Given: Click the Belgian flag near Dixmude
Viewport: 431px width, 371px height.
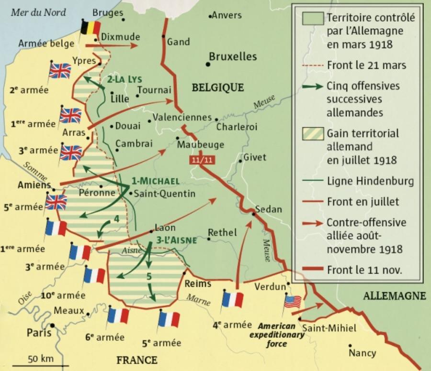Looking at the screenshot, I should tap(90, 28).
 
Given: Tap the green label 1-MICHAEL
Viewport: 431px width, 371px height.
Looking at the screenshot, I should tap(156, 181).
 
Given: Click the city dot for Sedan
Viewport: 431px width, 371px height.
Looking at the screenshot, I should tap(253, 214).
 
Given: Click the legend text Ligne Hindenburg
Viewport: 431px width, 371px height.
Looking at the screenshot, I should tap(370, 182).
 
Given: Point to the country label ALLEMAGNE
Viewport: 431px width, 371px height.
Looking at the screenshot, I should tap(394, 296).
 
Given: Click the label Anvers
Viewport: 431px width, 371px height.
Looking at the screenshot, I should tap(227, 15).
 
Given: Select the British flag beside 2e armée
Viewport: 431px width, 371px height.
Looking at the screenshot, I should tap(59, 71).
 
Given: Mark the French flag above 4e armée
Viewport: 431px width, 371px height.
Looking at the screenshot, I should tap(232, 299).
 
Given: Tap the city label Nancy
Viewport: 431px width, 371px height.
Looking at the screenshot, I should tap(362, 353).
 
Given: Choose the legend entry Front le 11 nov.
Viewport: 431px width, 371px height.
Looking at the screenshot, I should tap(364, 270).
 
